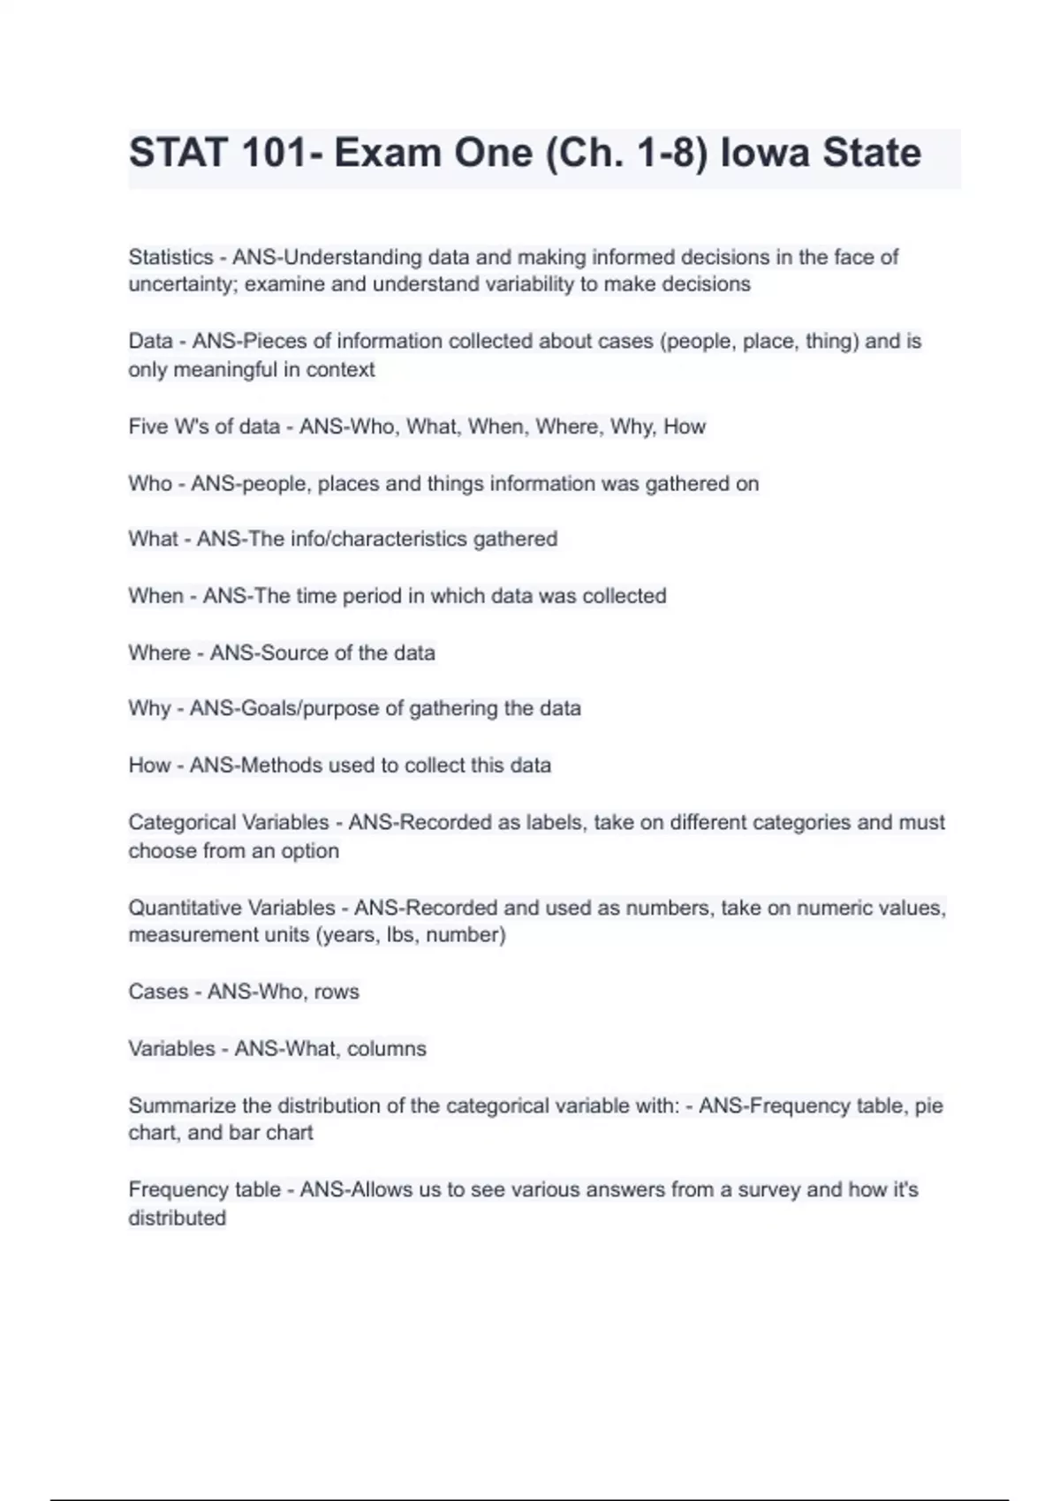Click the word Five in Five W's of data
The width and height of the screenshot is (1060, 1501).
click(148, 426)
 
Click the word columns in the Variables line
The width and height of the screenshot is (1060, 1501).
click(387, 1048)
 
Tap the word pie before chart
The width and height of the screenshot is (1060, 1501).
click(928, 1105)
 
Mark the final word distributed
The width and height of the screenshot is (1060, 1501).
click(178, 1218)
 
